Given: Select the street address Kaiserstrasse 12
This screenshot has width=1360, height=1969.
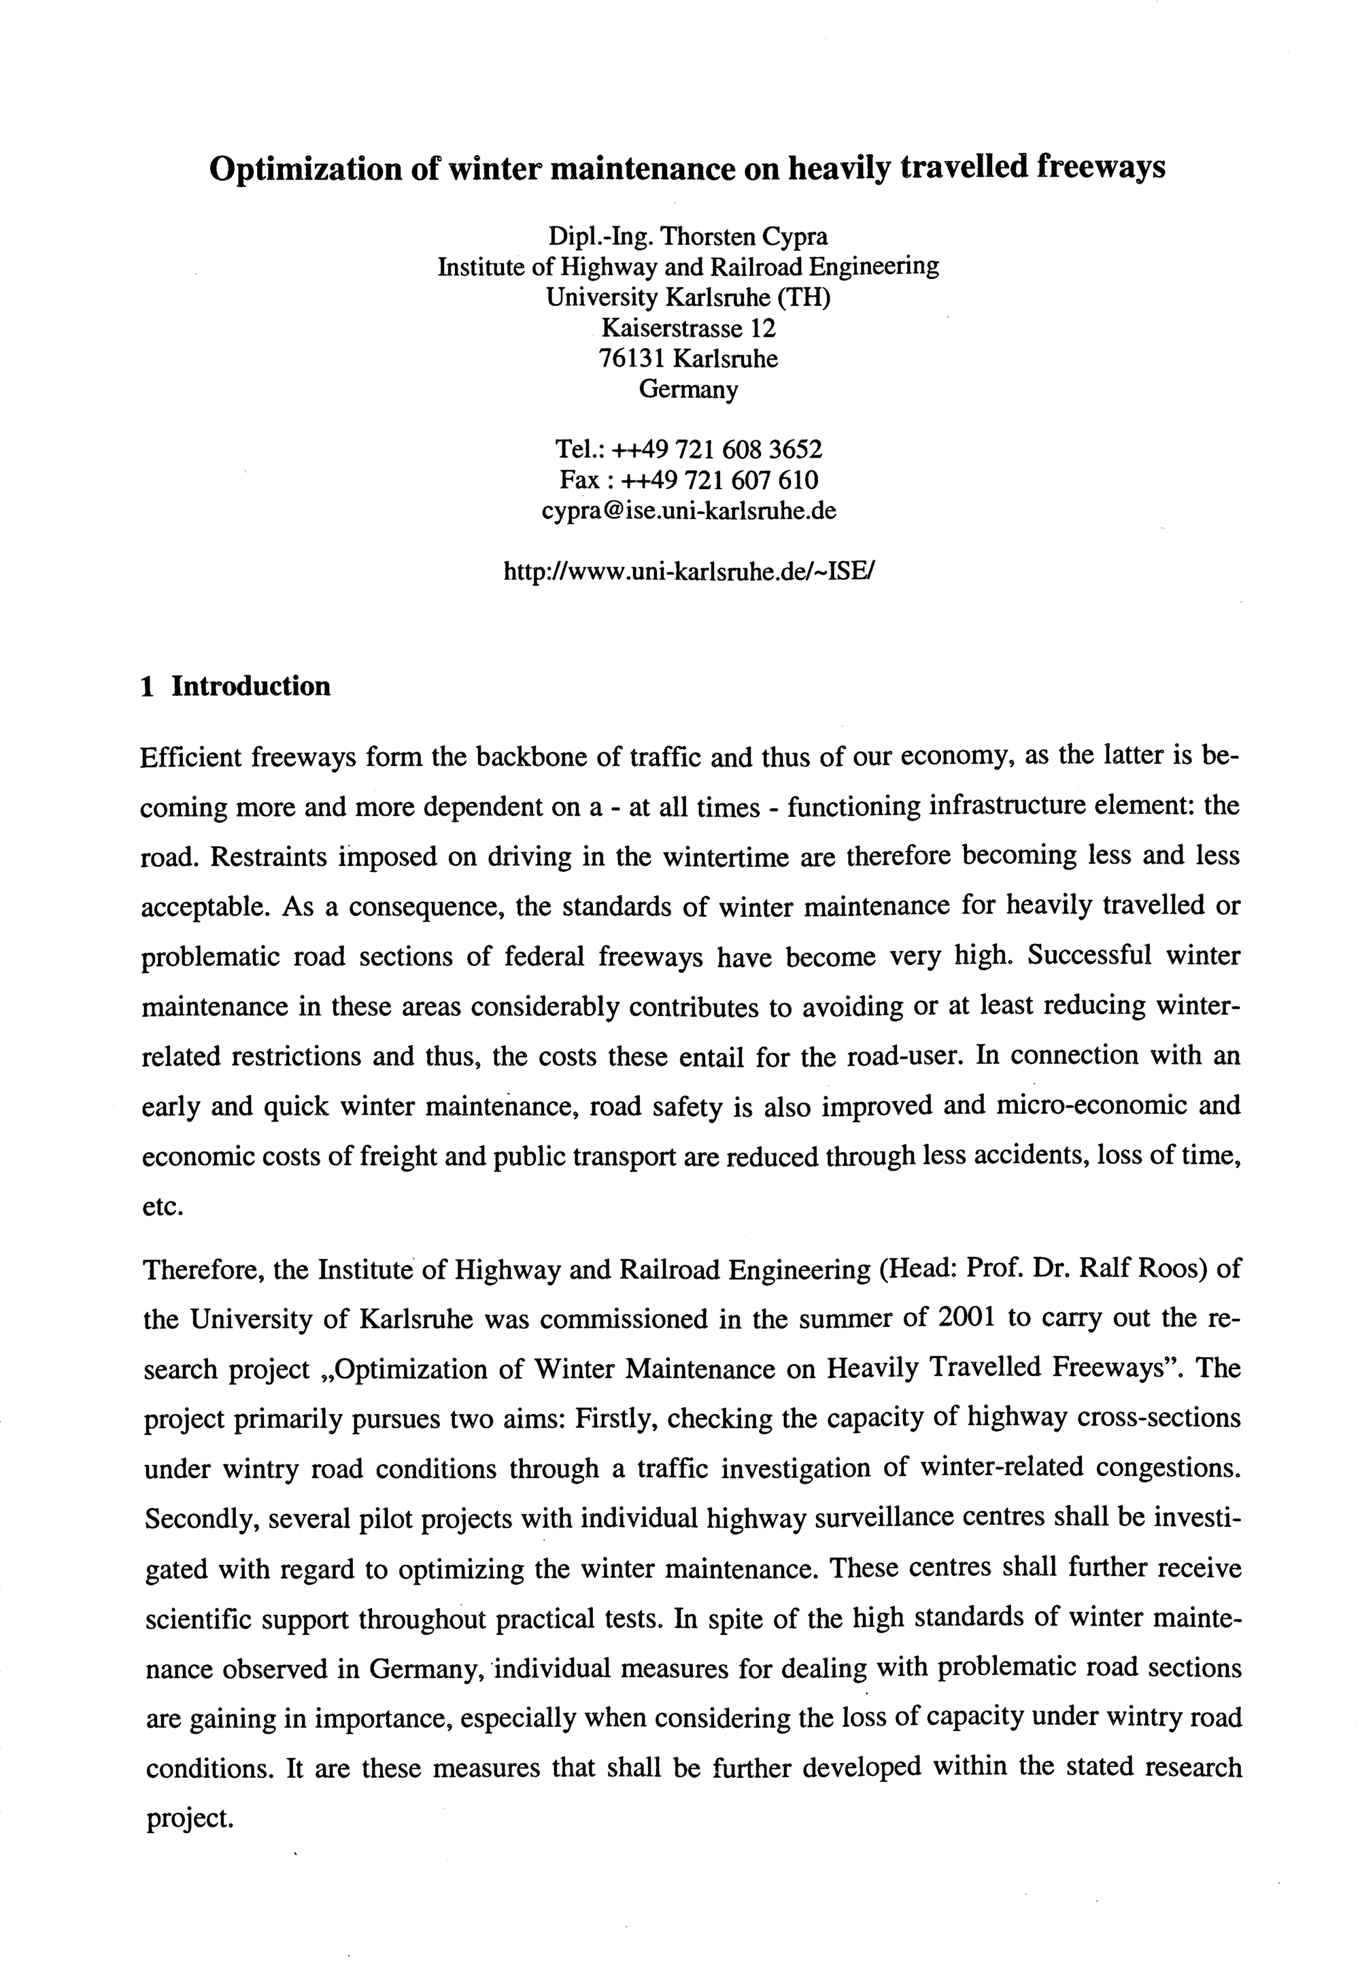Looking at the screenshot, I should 689,328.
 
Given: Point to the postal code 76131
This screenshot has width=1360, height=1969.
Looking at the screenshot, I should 632,359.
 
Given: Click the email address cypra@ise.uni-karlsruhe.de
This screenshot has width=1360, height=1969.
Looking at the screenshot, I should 689,511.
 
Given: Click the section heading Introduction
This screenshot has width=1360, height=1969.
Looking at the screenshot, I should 250,686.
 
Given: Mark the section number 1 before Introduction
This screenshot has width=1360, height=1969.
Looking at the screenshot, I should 148,687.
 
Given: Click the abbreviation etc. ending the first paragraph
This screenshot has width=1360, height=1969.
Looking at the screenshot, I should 163,1207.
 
